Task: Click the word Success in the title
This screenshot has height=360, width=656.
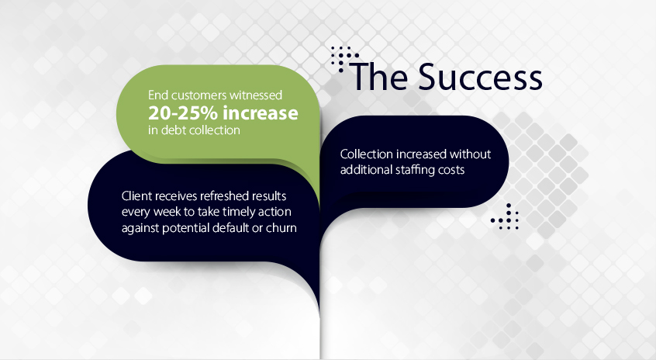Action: [x=480, y=77]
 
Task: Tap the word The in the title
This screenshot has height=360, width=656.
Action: [x=380, y=77]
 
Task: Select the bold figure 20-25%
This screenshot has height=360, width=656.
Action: [x=183, y=113]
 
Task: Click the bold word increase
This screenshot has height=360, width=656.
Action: [x=261, y=113]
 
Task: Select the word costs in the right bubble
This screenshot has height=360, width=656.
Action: [x=451, y=170]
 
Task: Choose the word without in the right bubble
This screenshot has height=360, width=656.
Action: [x=470, y=154]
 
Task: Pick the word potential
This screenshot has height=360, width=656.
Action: [x=186, y=228]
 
